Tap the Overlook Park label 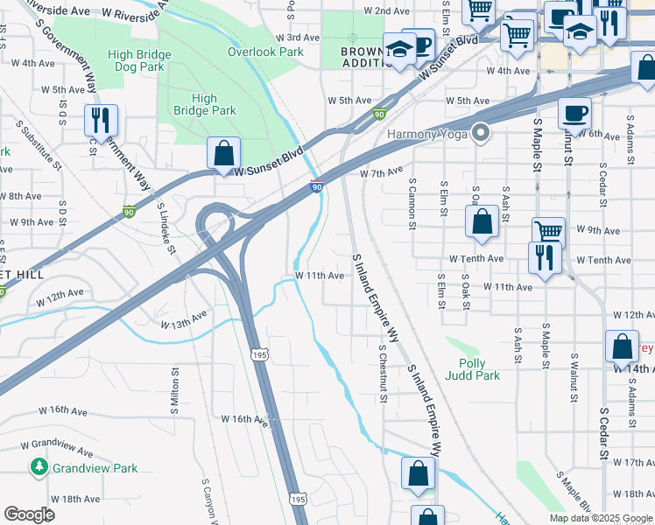click(x=264, y=52)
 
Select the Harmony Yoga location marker click(x=479, y=134)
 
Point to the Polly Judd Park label click(x=478, y=369)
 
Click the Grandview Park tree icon click(x=39, y=467)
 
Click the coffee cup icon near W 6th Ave click(x=574, y=112)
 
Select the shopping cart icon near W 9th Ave click(x=548, y=232)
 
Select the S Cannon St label click(x=412, y=202)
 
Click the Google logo click(x=29, y=514)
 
